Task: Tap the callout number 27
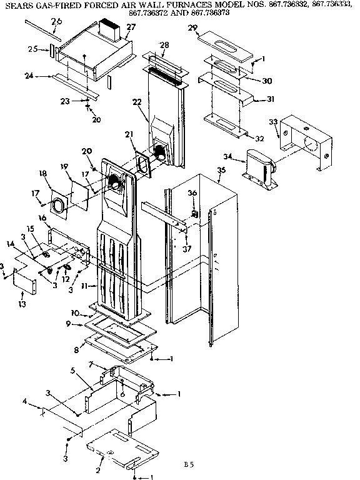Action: pos(131,27)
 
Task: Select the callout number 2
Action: pos(99,452)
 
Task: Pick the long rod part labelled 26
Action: pos(42,29)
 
